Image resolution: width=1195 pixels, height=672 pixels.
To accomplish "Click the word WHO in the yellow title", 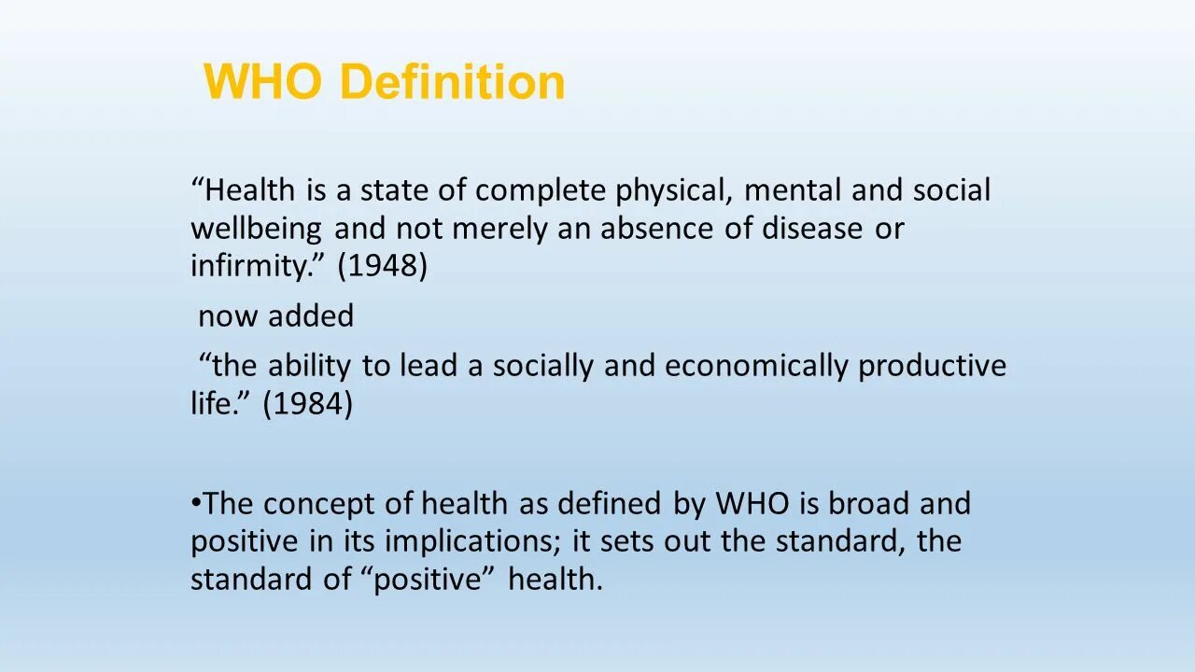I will (x=263, y=82).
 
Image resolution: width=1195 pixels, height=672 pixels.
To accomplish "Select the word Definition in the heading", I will (x=453, y=82).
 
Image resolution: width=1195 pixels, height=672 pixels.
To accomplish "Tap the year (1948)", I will (x=382, y=266).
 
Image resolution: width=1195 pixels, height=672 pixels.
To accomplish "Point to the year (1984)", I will (x=307, y=404).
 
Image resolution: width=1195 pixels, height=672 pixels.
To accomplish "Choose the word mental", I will (x=793, y=190).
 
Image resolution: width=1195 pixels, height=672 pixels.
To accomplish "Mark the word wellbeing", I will (x=257, y=229).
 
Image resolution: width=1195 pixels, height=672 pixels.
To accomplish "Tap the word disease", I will (x=811, y=229).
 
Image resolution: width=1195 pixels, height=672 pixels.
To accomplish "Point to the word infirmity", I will (x=250, y=266).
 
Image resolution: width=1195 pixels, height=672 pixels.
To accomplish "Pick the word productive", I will (x=932, y=366).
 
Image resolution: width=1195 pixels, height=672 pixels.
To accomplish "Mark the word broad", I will (x=869, y=504).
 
